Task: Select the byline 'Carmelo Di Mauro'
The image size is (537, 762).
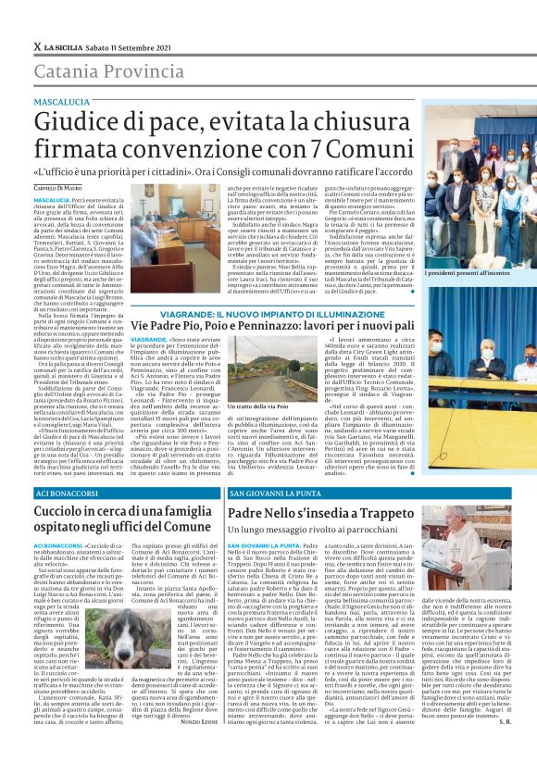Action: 57,188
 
